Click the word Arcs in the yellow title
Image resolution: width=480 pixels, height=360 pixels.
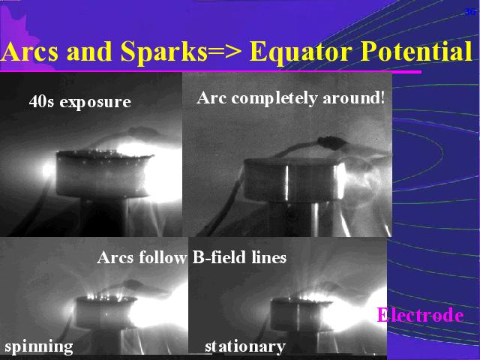29,51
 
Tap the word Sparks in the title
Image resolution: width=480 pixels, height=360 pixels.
164,52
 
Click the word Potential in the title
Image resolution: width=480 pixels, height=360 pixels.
416,51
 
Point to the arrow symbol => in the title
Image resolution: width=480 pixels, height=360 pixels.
225,52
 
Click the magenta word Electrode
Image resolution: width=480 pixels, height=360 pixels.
420,315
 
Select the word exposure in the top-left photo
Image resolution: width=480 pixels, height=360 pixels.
95,103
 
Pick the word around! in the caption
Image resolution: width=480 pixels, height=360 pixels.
354,98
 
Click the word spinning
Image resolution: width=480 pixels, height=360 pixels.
39,347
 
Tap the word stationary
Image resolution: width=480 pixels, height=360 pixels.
245,346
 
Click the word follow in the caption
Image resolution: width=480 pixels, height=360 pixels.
163,257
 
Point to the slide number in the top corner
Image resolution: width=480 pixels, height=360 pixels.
469,12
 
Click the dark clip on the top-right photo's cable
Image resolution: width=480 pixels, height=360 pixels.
331,142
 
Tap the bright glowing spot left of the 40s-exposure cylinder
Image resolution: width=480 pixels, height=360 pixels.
48,170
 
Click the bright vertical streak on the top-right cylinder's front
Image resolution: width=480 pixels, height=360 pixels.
287,183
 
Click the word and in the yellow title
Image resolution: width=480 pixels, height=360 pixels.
89,52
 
